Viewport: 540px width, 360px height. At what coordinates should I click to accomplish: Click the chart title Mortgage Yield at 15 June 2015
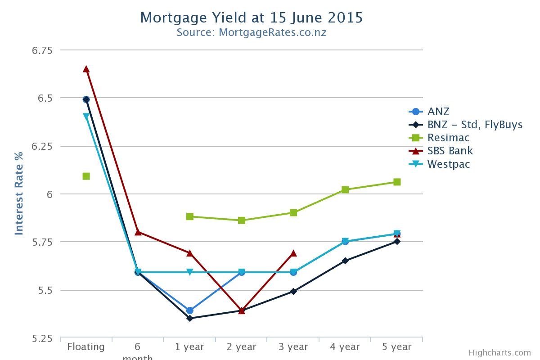click(x=251, y=18)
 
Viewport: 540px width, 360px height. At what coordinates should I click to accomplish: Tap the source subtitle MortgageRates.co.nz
click(x=251, y=32)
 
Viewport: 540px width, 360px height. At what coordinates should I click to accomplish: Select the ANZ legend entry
click(x=438, y=112)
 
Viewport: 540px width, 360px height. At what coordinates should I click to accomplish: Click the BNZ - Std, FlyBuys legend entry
click(x=474, y=125)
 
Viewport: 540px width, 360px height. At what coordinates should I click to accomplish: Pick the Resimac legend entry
click(x=448, y=138)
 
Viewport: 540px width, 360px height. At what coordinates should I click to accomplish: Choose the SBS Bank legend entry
click(x=450, y=151)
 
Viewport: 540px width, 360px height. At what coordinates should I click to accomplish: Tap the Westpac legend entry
click(x=448, y=164)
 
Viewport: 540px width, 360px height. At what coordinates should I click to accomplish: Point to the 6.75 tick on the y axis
click(x=42, y=50)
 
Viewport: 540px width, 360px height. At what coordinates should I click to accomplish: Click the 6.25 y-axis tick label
click(x=42, y=146)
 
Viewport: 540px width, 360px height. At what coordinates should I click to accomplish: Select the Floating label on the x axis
click(x=86, y=347)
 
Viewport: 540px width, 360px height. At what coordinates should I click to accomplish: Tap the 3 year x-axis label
click(x=293, y=347)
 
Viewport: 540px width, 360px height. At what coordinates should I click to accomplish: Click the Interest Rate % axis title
click(x=19, y=193)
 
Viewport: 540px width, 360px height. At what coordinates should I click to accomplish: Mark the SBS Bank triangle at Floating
click(x=86, y=69)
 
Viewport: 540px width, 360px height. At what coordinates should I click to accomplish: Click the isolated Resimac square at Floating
click(x=86, y=176)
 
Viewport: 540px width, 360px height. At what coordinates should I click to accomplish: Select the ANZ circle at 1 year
click(x=189, y=310)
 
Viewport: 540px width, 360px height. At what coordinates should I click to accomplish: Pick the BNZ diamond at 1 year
click(x=189, y=318)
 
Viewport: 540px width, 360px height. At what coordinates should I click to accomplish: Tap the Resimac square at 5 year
click(x=397, y=182)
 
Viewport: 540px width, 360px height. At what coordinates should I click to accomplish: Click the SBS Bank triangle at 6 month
click(x=138, y=232)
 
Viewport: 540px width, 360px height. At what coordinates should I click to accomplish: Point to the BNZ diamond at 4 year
click(x=345, y=261)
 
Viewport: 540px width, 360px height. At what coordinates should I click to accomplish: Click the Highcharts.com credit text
click(x=499, y=353)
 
